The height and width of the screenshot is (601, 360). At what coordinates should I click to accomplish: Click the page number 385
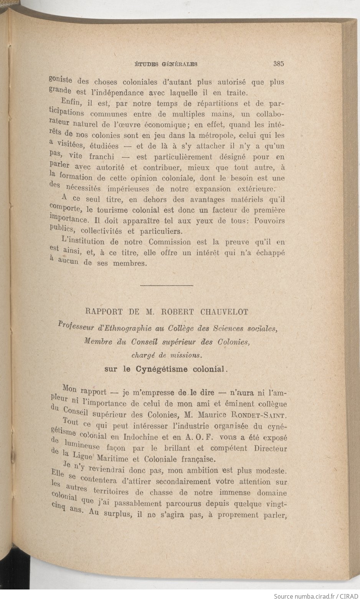(279, 64)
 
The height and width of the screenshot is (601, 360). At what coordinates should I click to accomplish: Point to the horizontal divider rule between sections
(167, 286)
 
